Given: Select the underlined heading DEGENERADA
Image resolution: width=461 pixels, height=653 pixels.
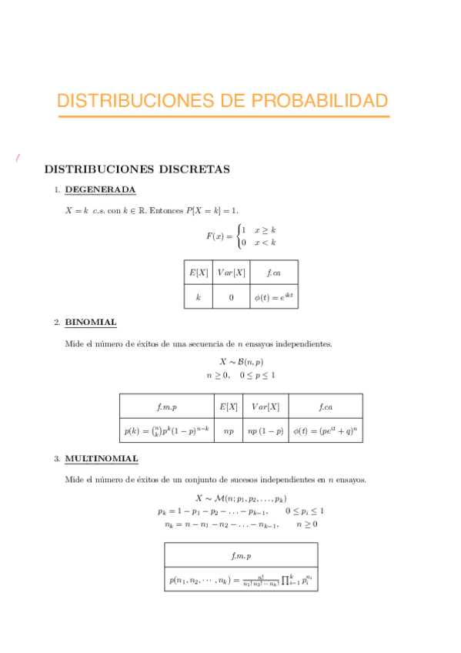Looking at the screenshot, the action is (100, 189).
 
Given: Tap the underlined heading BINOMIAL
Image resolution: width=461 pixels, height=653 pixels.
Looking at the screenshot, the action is (90, 322).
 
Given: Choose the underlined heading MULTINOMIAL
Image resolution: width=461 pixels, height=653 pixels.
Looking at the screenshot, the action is (102, 459).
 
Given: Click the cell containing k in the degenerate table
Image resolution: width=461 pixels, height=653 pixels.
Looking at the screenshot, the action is (198, 297).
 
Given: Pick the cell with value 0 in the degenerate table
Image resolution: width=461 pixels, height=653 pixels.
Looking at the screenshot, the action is (231, 297).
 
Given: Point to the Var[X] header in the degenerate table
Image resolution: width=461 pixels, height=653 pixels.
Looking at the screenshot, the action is (231, 273).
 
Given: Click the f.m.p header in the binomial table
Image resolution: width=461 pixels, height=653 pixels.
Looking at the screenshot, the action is (167, 406).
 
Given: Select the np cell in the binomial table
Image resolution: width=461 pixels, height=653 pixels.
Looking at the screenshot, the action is (229, 431).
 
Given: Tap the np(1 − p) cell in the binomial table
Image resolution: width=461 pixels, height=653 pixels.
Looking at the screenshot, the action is (265, 431).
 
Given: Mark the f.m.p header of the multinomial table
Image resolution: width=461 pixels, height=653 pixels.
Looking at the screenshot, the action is (241, 554).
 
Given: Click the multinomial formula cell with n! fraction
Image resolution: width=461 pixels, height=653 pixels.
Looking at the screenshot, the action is (241, 579).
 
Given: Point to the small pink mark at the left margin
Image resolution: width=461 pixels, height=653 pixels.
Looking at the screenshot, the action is (16, 159).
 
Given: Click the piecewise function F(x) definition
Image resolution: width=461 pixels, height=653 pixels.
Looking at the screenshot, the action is (241, 236).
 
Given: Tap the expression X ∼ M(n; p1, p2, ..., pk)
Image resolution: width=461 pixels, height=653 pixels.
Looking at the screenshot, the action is (241, 498).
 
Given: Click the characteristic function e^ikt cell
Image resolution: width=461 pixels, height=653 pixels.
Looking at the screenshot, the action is (273, 297).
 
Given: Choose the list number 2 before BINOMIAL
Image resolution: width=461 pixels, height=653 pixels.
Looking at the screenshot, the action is (56, 323).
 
